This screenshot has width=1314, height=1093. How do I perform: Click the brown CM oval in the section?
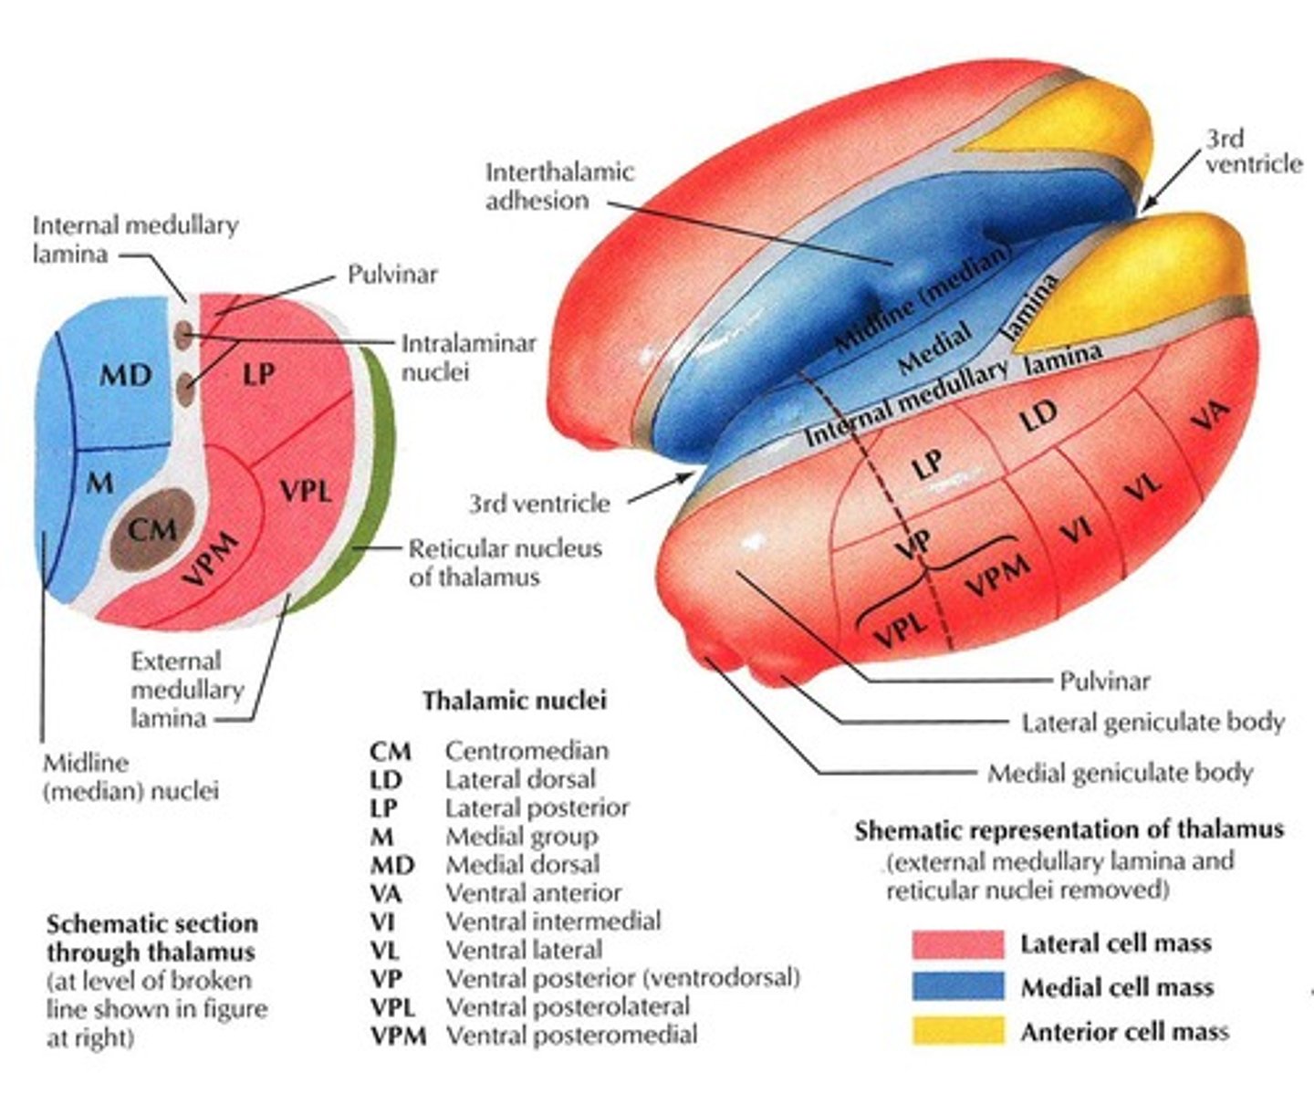tap(152, 529)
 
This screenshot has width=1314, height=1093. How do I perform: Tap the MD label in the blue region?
tap(126, 375)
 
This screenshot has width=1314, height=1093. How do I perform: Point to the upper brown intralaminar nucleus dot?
tap(184, 337)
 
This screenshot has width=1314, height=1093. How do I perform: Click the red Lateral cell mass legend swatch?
tap(957, 944)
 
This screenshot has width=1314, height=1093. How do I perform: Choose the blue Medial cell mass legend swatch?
tap(957, 987)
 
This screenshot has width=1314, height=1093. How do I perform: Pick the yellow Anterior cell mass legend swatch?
tap(957, 1031)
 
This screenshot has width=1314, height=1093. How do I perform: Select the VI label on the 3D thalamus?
tap(1077, 530)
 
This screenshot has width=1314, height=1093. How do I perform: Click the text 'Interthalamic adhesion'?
tap(558, 186)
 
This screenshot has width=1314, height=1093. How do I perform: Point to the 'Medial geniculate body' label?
tap(1119, 774)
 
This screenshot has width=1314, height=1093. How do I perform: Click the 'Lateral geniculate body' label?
tap(1152, 723)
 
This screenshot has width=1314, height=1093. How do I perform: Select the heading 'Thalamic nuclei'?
tap(514, 701)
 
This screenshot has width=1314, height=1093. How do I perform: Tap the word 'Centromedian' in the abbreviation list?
tap(527, 751)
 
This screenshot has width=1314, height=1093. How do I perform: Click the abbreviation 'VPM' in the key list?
tap(398, 1036)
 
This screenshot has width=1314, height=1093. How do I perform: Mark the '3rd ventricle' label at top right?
tap(1253, 151)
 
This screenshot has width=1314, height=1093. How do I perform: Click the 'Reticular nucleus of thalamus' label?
tap(505, 563)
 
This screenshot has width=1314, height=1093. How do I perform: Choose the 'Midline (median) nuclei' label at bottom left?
tap(130, 776)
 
